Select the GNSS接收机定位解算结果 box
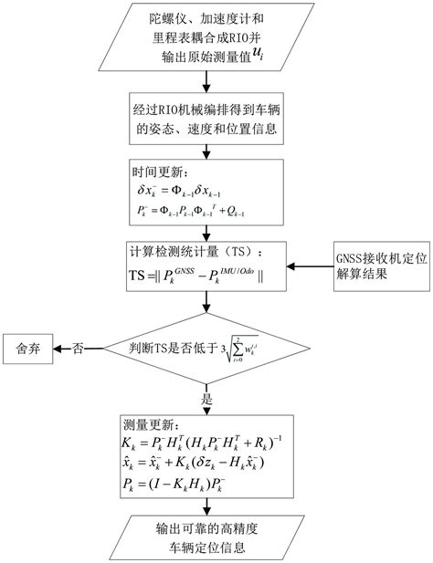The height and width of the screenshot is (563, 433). coord(379,266)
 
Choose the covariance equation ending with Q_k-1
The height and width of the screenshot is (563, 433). coord(186,212)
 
